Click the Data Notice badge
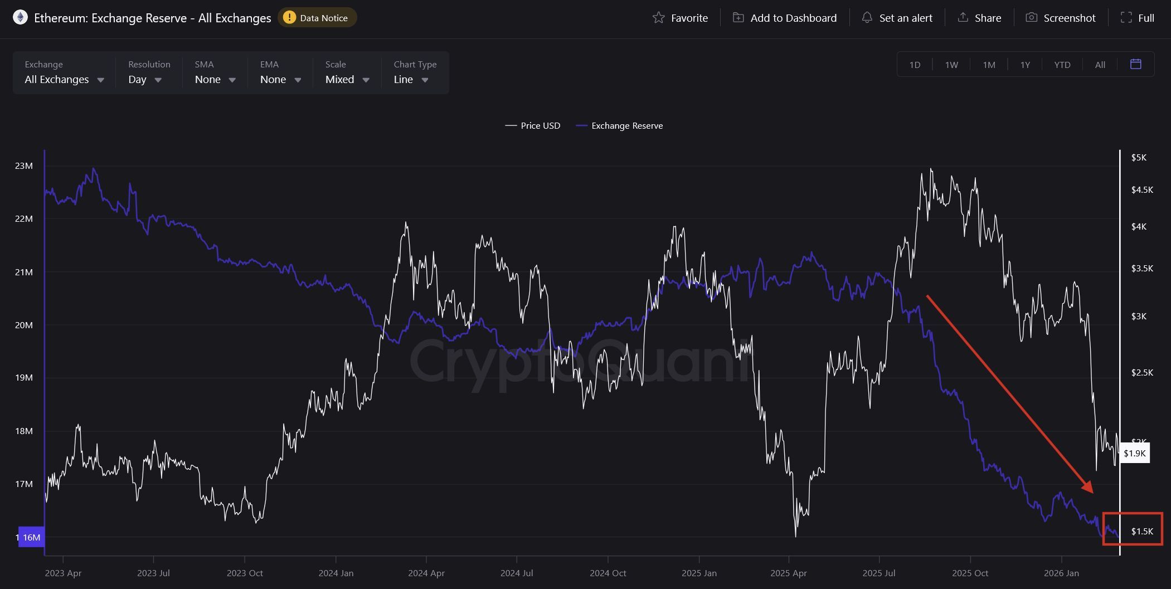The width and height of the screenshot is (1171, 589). [x=317, y=18]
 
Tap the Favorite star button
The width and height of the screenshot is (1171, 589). [x=680, y=18]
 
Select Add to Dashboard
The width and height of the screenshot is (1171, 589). [x=785, y=18]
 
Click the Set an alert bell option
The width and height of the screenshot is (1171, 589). [x=897, y=18]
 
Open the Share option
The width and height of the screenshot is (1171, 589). [x=979, y=18]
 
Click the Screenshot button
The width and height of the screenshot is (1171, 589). [x=1061, y=18]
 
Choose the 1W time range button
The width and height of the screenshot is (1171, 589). [x=951, y=65]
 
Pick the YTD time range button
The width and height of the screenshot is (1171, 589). [x=1062, y=65]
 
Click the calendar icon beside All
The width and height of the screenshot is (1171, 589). [x=1135, y=64]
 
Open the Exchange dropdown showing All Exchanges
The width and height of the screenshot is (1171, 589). [x=64, y=79]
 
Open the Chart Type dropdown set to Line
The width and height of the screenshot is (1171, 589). [x=411, y=79]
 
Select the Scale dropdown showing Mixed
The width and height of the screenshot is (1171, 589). [x=347, y=79]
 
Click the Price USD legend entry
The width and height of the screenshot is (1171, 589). [x=533, y=126]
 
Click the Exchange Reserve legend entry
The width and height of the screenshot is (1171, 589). [x=620, y=126]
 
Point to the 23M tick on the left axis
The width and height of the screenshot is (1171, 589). [x=24, y=165]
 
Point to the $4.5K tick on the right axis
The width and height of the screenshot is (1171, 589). [x=1142, y=190]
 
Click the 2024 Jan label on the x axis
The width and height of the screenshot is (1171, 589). [x=336, y=573]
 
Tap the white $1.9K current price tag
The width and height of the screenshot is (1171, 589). [x=1134, y=453]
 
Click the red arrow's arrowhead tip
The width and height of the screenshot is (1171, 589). [x=1092, y=492]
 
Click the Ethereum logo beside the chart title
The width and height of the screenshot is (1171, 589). [x=20, y=18]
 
